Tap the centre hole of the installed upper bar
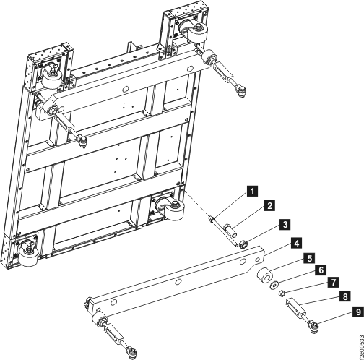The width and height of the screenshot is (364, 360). (x=126, y=90)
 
